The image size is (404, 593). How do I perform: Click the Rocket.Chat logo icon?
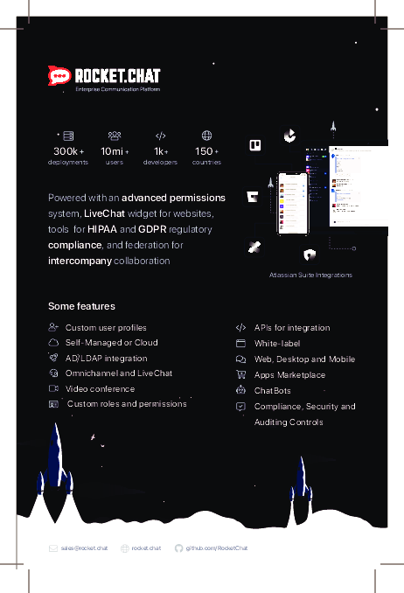[59, 76]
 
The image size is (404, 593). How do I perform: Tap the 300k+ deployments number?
[68, 151]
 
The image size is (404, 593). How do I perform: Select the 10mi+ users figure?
[115, 151]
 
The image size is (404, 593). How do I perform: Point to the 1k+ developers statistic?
[160, 151]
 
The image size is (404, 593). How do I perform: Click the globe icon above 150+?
[206, 136]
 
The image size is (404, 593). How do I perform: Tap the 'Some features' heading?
[81, 306]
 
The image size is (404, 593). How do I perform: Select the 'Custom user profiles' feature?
[106, 327]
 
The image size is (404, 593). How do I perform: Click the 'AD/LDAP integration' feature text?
[106, 358]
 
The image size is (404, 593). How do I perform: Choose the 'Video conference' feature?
[100, 388]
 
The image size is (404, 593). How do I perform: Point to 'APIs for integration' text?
[292, 327]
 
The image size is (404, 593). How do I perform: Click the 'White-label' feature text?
[276, 343]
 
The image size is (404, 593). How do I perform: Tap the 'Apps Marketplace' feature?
[289, 374]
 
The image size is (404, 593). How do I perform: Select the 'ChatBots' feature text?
[272, 390]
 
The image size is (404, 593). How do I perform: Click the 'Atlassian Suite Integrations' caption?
[311, 275]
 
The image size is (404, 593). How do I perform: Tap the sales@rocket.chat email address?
[84, 548]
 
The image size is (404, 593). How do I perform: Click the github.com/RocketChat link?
[217, 548]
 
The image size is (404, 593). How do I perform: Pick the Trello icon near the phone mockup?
[256, 145]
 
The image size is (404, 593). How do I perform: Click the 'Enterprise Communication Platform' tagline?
[117, 89]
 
